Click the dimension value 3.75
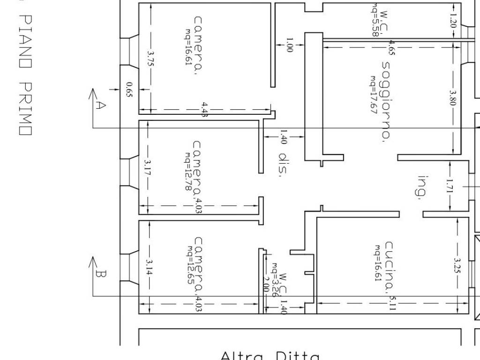150,60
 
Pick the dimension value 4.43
205,109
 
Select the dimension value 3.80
453,98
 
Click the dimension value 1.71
449,186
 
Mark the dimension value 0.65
129,89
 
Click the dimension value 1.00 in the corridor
289,45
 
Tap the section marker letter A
99,105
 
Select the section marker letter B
99,273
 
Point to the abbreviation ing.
423,187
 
